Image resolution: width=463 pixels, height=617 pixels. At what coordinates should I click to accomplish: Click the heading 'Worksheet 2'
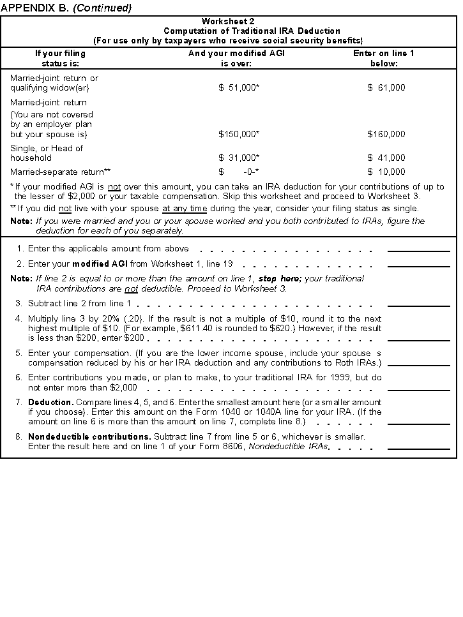coord(228,22)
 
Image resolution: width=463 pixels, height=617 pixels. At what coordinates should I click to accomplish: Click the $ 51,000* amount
coord(239,88)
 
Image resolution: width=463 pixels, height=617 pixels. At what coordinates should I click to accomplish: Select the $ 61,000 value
coord(386,88)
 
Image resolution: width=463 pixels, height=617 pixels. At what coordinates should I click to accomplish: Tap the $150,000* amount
coord(239,135)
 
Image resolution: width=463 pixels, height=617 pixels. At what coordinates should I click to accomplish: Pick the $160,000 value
coord(386,135)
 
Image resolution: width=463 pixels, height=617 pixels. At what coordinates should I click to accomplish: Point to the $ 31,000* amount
coord(239,158)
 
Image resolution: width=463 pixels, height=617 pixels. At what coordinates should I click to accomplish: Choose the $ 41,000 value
coord(386,158)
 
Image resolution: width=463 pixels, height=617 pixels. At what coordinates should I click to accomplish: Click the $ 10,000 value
coord(386,172)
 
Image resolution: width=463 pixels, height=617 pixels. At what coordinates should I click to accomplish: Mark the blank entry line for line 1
coord(418,251)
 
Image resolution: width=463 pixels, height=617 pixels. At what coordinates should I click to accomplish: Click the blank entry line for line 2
coord(418,265)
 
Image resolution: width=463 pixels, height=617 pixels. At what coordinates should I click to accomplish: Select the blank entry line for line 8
coord(418,448)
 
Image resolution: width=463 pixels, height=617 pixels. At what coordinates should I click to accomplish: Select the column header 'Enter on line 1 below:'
coord(383,59)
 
